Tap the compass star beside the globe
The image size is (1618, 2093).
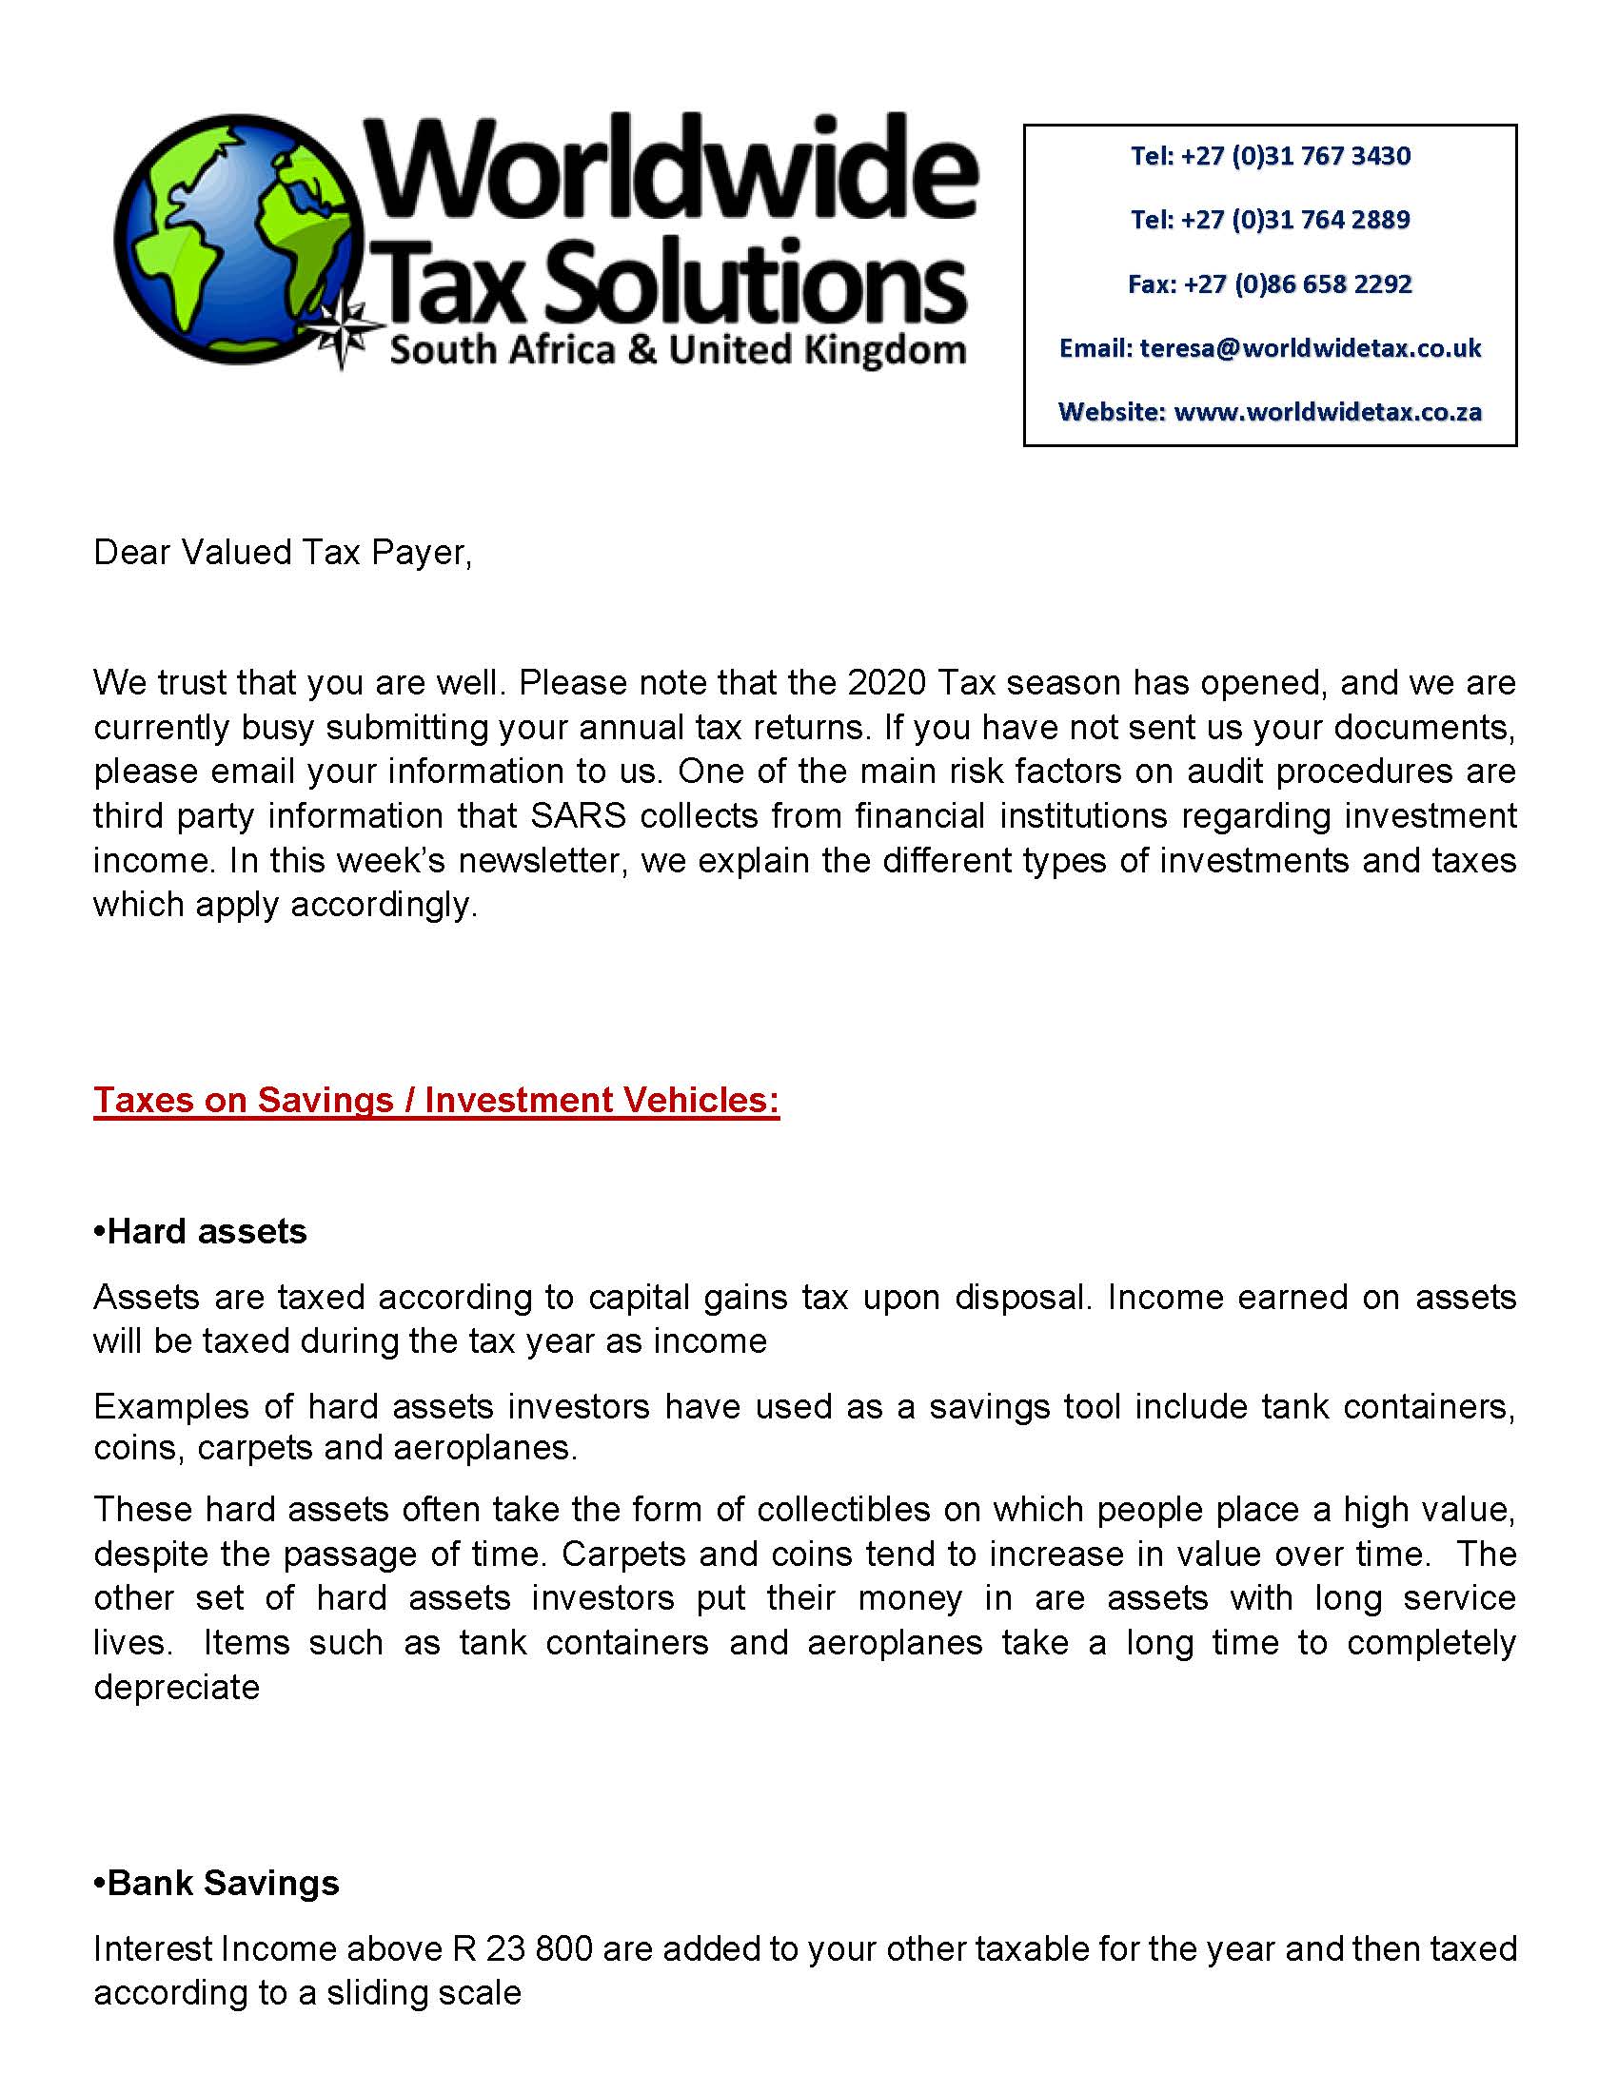(x=344, y=329)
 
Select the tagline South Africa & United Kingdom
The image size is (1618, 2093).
(x=677, y=350)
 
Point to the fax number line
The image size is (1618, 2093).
(x=1270, y=284)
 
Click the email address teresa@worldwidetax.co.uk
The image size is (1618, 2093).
(x=1311, y=349)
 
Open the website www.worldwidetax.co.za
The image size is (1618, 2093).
(x=1328, y=413)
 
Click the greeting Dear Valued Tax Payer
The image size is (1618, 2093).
(x=283, y=553)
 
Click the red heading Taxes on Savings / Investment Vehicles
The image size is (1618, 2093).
(x=436, y=1100)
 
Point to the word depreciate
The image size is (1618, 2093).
(x=176, y=1688)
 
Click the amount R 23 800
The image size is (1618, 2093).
(x=523, y=1949)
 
